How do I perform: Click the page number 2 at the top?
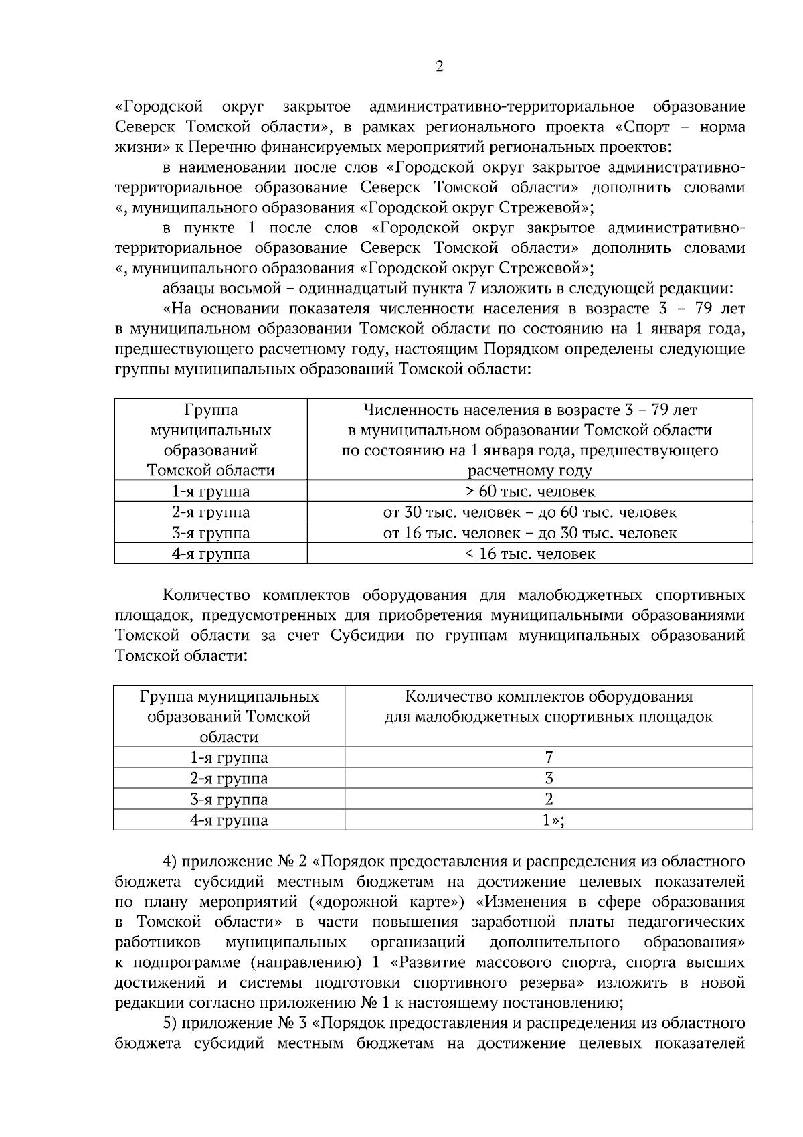tap(439, 66)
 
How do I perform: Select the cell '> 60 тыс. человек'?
tap(529, 491)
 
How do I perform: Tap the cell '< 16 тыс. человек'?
tap(529, 554)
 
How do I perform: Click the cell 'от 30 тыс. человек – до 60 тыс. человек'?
tap(529, 512)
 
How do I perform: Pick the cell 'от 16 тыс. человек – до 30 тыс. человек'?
tap(529, 533)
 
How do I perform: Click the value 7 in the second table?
tap(549, 757)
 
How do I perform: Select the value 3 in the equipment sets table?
tap(549, 778)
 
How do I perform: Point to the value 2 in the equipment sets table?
tap(549, 799)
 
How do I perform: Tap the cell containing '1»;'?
tap(553, 820)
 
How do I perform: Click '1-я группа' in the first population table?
tap(211, 491)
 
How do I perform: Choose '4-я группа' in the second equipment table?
tap(229, 820)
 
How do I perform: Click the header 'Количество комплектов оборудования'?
tap(549, 696)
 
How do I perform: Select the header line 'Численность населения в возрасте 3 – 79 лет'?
tap(529, 409)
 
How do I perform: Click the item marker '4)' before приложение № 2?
tap(170, 861)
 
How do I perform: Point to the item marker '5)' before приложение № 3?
tap(170, 1023)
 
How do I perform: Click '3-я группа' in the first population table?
tap(211, 533)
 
